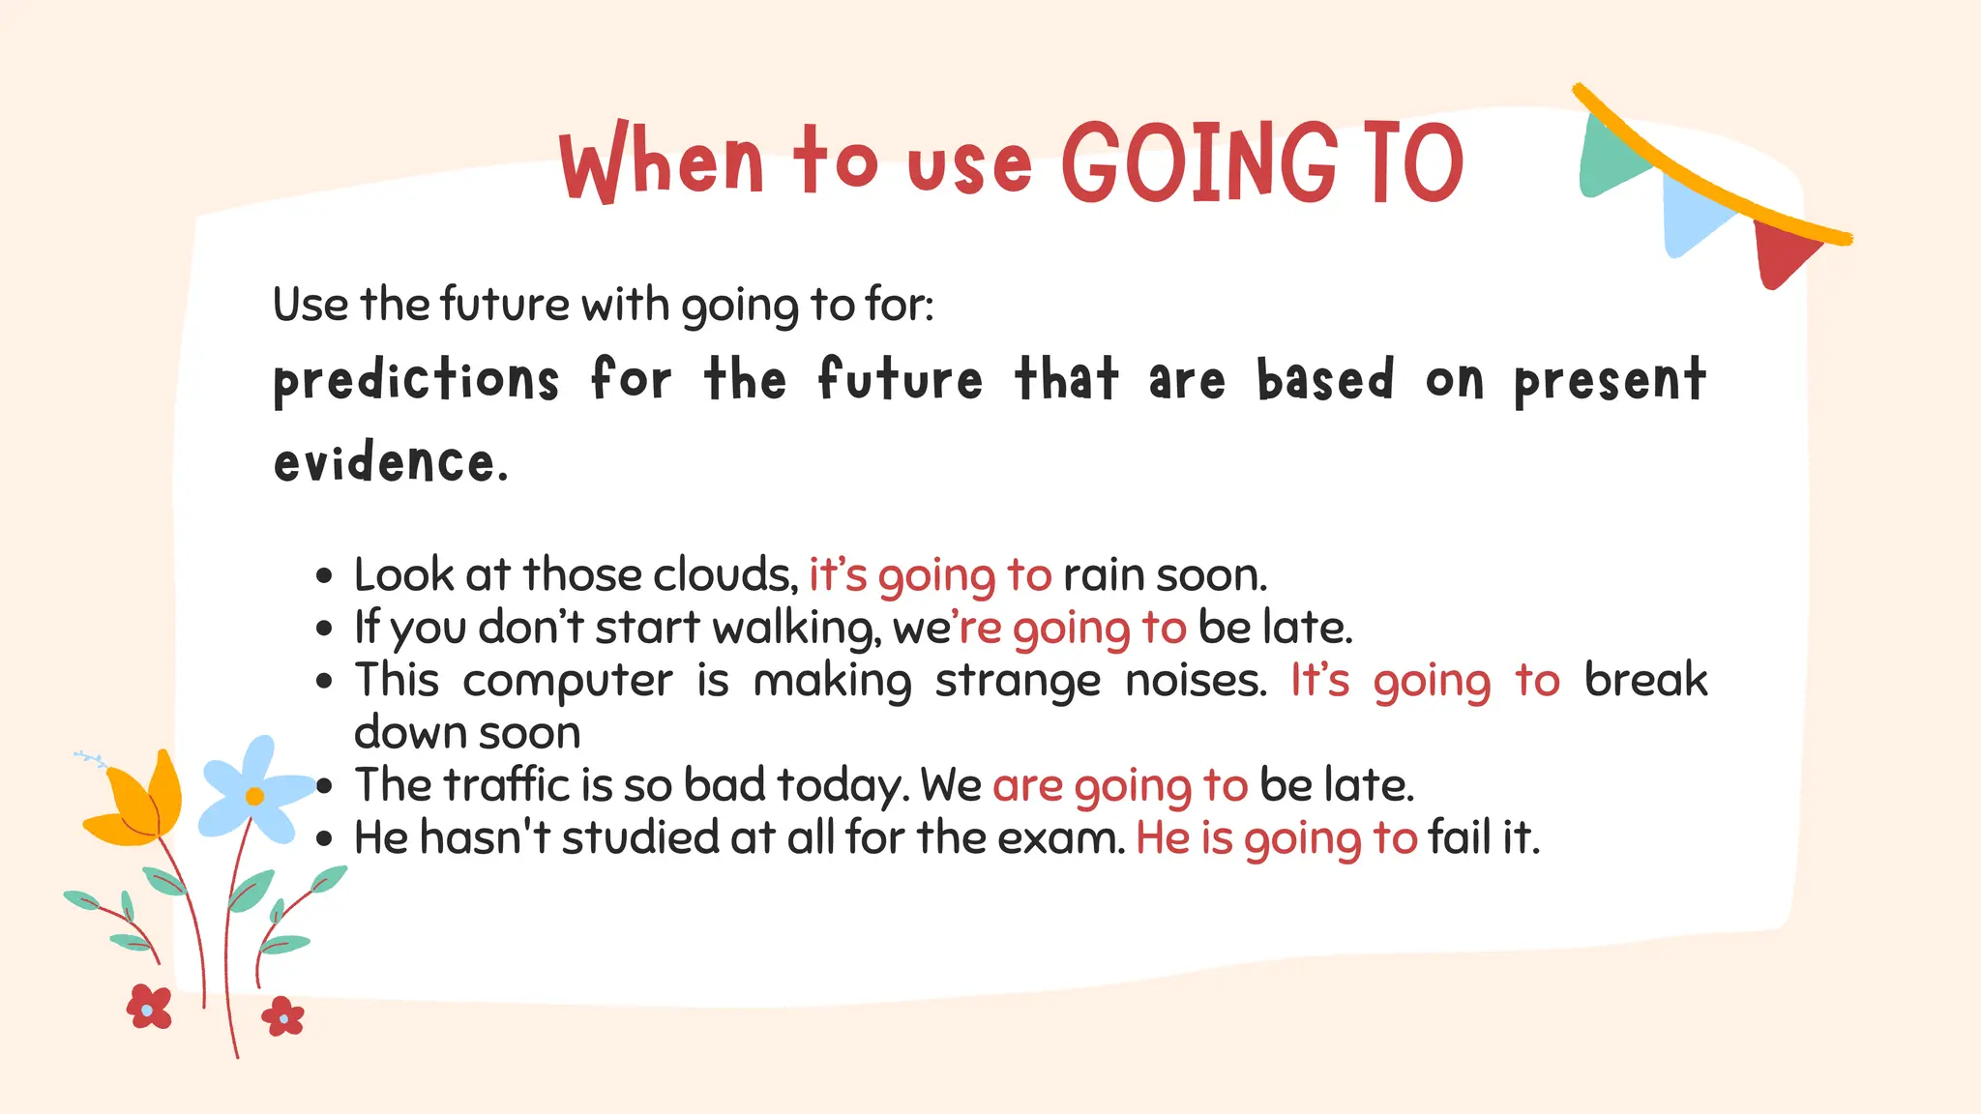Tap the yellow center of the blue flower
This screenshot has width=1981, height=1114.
[x=254, y=796]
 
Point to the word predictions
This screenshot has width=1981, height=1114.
[x=416, y=379]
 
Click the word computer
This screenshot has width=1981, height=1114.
[x=567, y=681]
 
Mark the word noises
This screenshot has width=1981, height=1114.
[x=1196, y=681]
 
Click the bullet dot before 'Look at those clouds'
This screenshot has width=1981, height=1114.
[x=325, y=576]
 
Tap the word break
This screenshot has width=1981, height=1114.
[x=1645, y=681]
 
